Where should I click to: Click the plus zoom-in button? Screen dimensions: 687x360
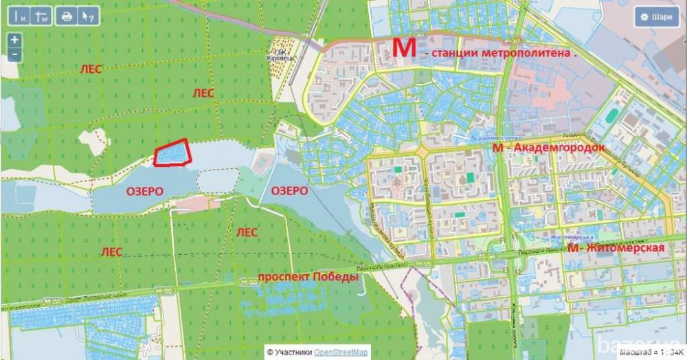15,41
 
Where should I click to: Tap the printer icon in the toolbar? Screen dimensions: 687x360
67,16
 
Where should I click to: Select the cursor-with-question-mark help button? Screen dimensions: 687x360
87,16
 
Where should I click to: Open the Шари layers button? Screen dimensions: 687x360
657,17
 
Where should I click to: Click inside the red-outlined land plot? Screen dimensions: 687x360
172,153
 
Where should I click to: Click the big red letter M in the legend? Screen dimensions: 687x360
404,48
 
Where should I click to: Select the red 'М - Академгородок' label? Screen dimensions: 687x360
548,148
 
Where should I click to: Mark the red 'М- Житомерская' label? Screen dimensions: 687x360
616,248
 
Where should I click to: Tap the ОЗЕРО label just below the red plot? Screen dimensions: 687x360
144,192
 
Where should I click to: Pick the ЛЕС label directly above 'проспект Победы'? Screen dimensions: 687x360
247,233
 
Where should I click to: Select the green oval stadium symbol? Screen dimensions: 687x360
261,162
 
